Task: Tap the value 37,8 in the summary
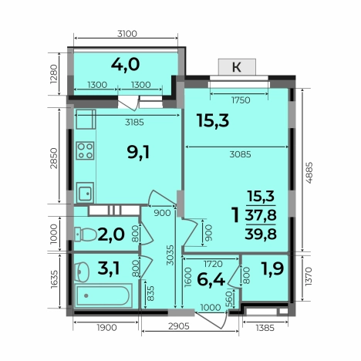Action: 261,215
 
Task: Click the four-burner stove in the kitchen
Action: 85,150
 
